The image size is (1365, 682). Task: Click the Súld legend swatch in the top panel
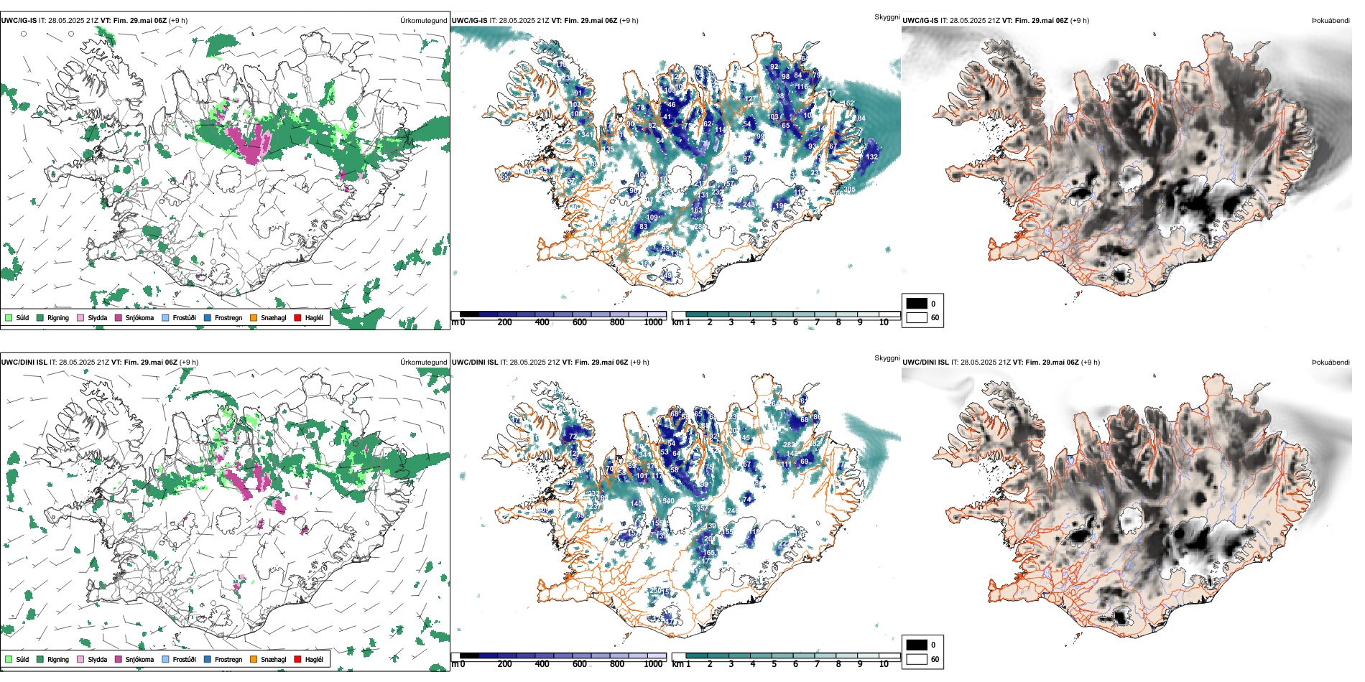pyautogui.click(x=9, y=317)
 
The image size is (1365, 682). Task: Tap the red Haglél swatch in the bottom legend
pyautogui.click(x=297, y=659)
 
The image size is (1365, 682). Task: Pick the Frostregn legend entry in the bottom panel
pyautogui.click(x=228, y=659)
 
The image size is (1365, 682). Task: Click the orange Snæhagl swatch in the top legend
pyautogui.click(x=254, y=317)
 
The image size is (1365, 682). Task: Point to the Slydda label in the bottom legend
pyautogui.click(x=97, y=659)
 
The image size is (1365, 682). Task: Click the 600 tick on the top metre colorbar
pyautogui.click(x=579, y=322)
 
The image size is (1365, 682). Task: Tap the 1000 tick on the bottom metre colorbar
pyautogui.click(x=653, y=664)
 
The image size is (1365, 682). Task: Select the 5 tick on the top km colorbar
pyautogui.click(x=774, y=322)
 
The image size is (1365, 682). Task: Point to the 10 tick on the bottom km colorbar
pyautogui.click(x=884, y=664)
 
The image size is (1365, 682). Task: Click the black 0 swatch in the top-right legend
pyautogui.click(x=917, y=304)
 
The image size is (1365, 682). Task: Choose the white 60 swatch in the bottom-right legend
pyautogui.click(x=917, y=659)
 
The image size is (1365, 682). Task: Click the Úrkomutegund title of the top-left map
pyautogui.click(x=423, y=21)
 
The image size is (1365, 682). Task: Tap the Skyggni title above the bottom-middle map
pyautogui.click(x=887, y=358)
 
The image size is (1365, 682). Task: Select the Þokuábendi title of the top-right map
pyautogui.click(x=1331, y=21)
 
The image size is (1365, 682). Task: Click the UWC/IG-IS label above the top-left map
pyautogui.click(x=19, y=21)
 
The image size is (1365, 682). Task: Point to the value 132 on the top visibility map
pyautogui.click(x=871, y=157)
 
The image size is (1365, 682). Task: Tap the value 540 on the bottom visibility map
pyautogui.click(x=668, y=500)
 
